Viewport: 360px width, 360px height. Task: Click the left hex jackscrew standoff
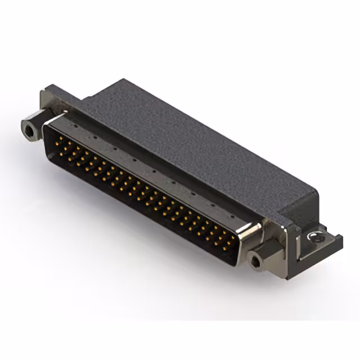(x=31, y=129)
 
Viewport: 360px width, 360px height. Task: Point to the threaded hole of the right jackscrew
(x=258, y=261)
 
